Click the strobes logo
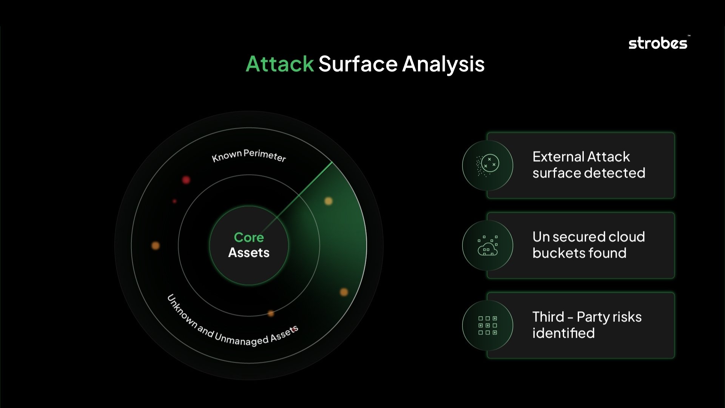[658, 43]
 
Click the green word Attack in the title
[279, 64]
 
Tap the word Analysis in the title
[443, 64]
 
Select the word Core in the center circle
[249, 237]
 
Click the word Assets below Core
[249, 252]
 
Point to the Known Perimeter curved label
[249, 155]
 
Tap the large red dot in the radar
[186, 180]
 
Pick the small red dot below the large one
[174, 201]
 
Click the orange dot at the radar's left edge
[155, 246]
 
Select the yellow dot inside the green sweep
[329, 201]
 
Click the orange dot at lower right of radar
[344, 292]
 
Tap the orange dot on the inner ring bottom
[271, 313]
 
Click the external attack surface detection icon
[487, 165]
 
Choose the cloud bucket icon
[487, 246]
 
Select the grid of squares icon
[487, 325]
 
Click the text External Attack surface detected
[588, 165]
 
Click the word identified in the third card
[563, 333]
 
